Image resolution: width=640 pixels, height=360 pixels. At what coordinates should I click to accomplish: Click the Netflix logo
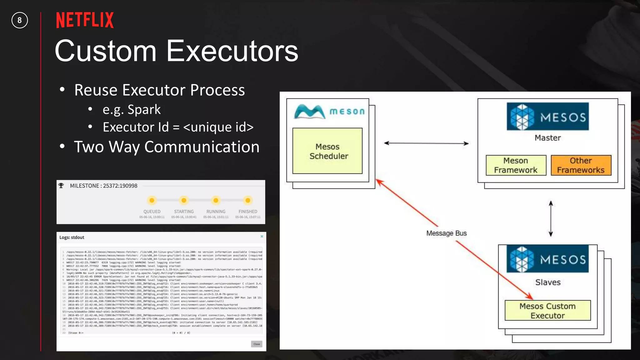85,20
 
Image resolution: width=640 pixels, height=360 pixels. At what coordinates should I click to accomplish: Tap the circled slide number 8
20,20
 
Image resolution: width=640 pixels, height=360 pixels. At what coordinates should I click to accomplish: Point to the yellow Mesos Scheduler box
327,151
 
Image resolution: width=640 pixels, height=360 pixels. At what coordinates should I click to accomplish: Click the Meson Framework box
516,165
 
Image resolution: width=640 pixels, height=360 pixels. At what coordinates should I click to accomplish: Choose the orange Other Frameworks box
581,165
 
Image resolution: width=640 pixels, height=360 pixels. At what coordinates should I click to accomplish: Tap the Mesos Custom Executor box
547,311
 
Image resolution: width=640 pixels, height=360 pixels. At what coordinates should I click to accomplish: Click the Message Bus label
446,233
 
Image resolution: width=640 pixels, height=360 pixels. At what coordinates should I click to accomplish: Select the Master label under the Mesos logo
547,138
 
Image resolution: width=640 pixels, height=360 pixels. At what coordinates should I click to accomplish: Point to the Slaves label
547,282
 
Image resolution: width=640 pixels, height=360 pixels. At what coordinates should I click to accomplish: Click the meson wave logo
310,112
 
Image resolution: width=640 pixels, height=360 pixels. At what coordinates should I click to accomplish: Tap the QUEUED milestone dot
152,200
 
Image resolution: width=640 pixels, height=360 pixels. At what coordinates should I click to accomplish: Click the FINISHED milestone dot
248,200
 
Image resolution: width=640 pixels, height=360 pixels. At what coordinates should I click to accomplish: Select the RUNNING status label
216,212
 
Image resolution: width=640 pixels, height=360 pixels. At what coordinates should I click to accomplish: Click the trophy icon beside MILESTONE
61,186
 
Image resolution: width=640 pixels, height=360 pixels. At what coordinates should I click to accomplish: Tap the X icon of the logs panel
262,237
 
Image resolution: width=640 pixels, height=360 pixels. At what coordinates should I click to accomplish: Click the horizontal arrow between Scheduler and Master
426,143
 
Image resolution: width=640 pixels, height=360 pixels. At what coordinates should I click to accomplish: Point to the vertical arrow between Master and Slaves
551,219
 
